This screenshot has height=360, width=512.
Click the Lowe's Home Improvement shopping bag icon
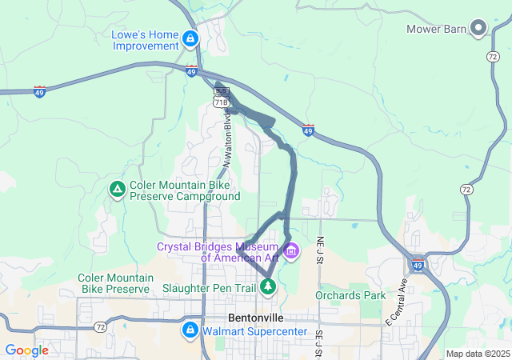point(190,38)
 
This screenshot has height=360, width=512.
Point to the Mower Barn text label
point(436,30)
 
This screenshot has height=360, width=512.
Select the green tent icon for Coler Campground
point(117,190)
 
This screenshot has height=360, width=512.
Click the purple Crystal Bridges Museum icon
point(290,252)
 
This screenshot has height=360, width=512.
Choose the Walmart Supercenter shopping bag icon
point(190,330)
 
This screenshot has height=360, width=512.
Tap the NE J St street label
point(320,249)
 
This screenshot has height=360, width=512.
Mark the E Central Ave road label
point(398,302)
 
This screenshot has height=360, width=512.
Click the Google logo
point(26,350)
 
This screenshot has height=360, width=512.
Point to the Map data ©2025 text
point(477,354)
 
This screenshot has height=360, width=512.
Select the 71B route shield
point(222,102)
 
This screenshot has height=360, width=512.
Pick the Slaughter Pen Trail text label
point(209,287)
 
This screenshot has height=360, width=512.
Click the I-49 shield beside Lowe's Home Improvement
point(191,71)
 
